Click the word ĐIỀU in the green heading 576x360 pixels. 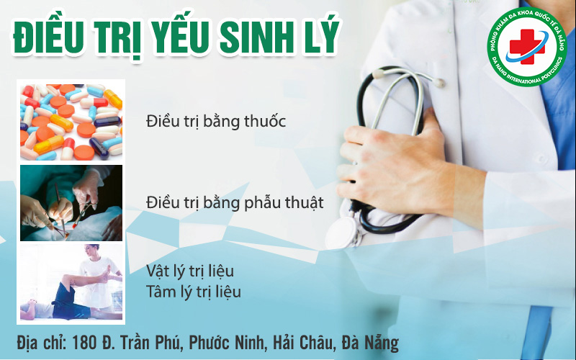point(48,37)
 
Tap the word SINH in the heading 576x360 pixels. point(256,38)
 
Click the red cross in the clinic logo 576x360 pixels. point(526,47)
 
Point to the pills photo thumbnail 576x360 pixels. point(71,122)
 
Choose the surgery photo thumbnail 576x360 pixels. point(71,203)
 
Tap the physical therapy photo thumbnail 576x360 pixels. point(71,282)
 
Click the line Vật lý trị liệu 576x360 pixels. point(190,272)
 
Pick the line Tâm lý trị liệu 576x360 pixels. point(194,292)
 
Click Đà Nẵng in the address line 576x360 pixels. point(370,343)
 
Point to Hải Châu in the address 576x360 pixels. point(303,343)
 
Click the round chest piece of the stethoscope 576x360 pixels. point(342,232)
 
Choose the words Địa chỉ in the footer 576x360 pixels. point(41,343)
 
